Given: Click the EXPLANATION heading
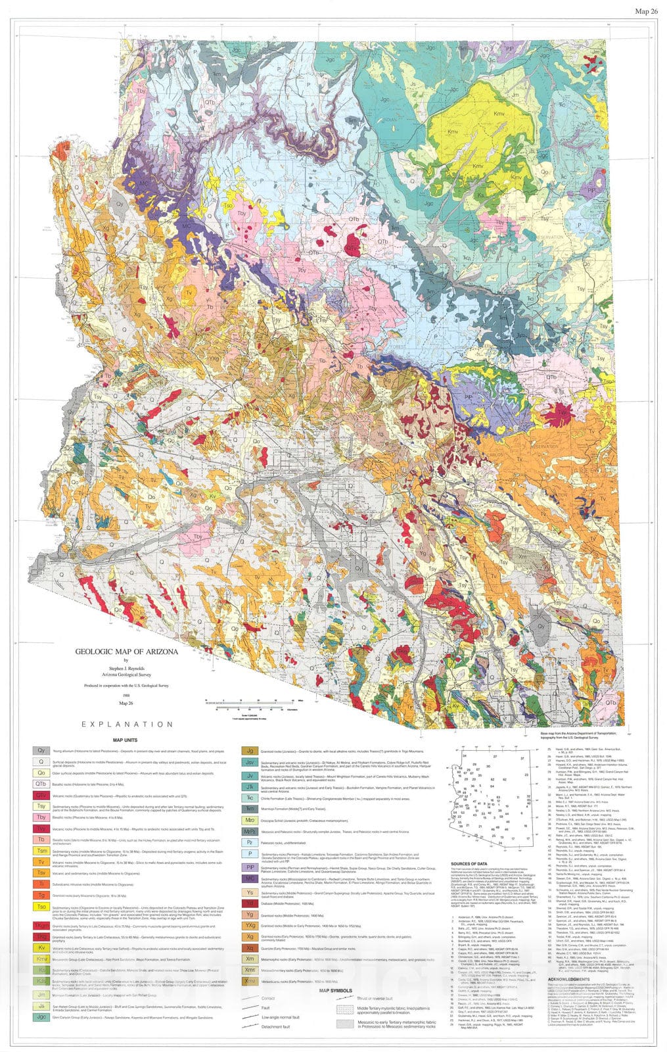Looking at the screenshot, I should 127,724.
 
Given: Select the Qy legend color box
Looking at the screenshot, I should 41,750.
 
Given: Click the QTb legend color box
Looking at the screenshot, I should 41,784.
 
